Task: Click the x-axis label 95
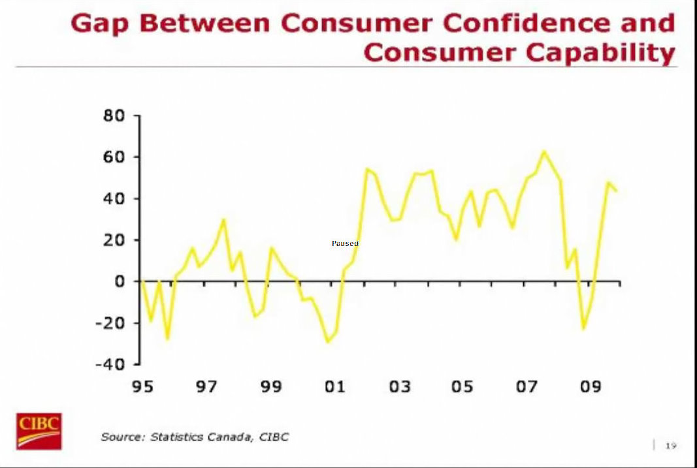coord(142,387)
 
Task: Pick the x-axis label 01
coord(334,387)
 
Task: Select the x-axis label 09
coord(590,387)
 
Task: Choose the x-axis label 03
coord(399,387)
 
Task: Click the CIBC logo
coord(39,431)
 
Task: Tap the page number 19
coord(670,446)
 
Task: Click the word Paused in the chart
coord(345,243)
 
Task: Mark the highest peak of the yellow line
coord(543,152)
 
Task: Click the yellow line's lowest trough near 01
coord(328,341)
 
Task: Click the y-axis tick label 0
coord(121,282)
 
